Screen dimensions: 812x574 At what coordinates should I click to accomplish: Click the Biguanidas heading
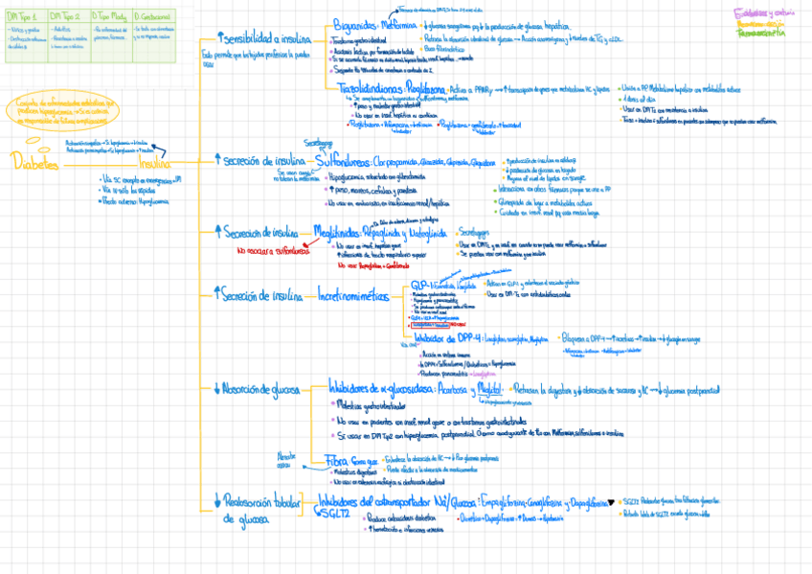tap(354, 26)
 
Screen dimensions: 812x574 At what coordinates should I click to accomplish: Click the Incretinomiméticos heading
tap(352, 298)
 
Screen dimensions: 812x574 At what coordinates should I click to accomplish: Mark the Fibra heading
tap(337, 460)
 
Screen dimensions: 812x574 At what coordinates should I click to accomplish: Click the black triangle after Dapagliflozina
tap(612, 500)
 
